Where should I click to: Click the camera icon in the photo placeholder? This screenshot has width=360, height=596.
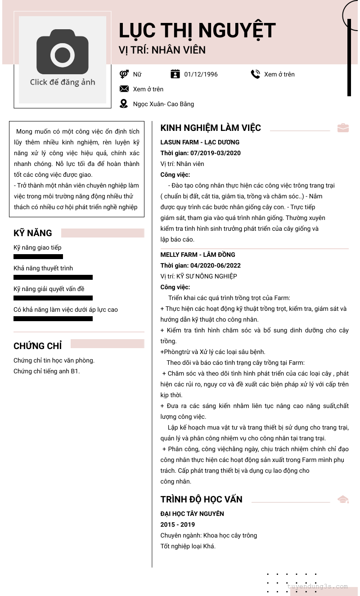coord(62,52)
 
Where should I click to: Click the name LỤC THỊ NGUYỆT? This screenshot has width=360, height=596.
coord(197,31)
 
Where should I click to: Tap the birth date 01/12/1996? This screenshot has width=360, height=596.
coord(201,74)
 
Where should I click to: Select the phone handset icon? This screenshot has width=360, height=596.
coord(256,74)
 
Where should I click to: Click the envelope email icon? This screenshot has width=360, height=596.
coord(124,89)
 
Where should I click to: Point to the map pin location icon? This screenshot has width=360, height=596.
coord(124,104)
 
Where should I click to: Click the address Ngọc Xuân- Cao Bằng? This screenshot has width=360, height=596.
coord(163,104)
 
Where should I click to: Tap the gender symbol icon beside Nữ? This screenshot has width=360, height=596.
coord(124,74)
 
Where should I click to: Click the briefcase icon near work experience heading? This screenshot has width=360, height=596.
coord(343,128)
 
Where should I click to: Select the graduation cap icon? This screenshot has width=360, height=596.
coord(343,499)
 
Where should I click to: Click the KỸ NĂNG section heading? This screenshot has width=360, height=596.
coord(33,233)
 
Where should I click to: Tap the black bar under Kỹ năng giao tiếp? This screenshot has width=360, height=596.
coord(38,257)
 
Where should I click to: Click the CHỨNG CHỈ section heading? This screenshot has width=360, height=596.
coord(38,346)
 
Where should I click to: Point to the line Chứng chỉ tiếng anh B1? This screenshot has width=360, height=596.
coord(47,371)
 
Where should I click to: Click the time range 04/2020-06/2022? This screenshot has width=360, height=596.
coord(215,265)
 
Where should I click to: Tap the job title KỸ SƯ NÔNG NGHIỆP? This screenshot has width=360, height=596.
coord(207,276)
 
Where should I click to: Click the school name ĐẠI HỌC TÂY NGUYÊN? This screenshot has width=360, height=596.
coord(192,514)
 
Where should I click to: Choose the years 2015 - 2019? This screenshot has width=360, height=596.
coord(178,524)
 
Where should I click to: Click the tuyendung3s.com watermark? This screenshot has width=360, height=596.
coord(318,586)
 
